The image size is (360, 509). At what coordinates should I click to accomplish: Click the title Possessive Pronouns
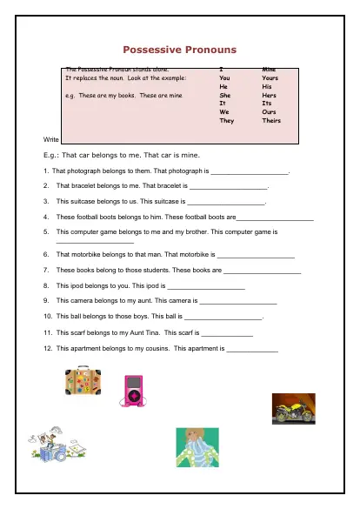point(179,50)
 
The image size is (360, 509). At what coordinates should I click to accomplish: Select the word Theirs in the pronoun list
point(271,121)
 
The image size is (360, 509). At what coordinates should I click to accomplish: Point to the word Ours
point(270,112)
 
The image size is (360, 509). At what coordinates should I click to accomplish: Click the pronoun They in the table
point(226,121)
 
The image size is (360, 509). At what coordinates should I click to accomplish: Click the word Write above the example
point(50,139)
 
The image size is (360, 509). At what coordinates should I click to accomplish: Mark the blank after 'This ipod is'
point(205,286)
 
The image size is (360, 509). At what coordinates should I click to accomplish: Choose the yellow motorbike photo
point(294,408)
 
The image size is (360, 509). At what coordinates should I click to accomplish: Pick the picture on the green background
point(197,448)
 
